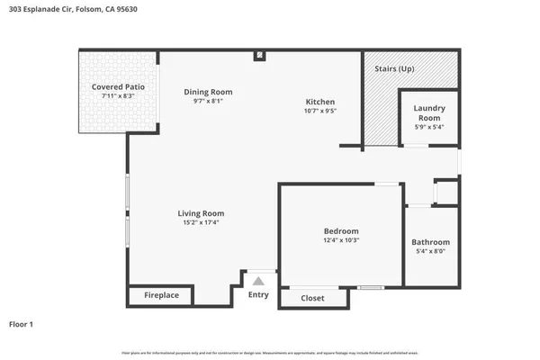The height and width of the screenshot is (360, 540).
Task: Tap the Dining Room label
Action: coord(208,92)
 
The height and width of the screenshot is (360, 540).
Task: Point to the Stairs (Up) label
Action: coord(393,68)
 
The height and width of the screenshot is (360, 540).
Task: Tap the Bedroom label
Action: coord(341,231)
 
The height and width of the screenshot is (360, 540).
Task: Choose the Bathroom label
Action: coord(430,242)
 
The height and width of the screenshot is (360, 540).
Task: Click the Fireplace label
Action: coord(161,295)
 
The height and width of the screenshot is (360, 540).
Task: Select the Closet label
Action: coord(312,298)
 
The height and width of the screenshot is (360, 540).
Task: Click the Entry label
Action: coord(258,295)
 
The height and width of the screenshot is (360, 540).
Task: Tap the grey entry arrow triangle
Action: coord(258,282)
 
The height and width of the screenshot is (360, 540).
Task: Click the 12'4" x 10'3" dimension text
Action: coord(341,240)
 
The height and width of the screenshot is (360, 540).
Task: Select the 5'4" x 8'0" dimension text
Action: coord(430,251)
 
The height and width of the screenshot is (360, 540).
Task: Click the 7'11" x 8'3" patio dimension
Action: coord(118,95)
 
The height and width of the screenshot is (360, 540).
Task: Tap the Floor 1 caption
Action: coord(21,324)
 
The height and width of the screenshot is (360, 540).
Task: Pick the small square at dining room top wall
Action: coord(259,56)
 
